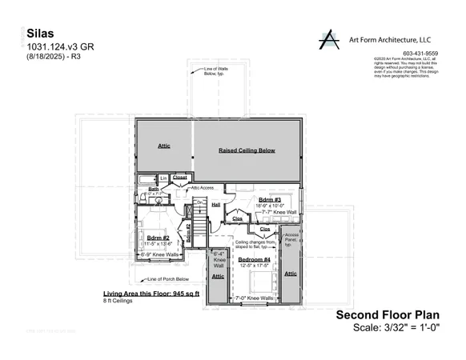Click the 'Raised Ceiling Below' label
point(247,150)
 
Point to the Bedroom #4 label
point(254,259)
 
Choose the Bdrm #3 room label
point(267,198)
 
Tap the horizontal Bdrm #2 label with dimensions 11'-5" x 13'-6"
point(158,238)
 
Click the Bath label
point(154,189)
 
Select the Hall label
point(215,204)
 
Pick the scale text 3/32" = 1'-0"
point(397,328)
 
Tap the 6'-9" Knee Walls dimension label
point(157,255)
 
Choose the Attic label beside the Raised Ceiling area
point(163,146)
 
